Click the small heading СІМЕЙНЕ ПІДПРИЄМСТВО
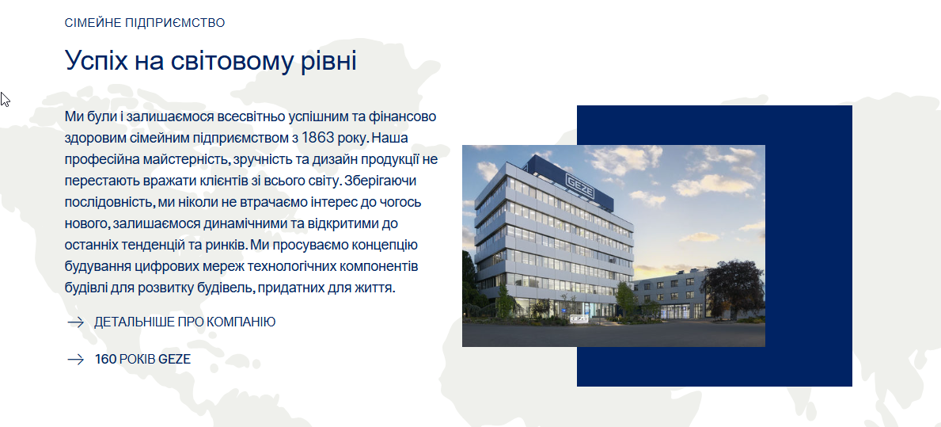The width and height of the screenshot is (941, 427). click(x=145, y=23)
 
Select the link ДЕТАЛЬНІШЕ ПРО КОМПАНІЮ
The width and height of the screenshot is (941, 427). click(x=185, y=322)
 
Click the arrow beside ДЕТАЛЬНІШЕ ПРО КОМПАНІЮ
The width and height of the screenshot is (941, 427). click(x=76, y=322)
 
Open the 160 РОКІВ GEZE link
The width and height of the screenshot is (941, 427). click(x=142, y=359)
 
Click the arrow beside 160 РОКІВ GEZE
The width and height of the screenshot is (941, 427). click(x=76, y=360)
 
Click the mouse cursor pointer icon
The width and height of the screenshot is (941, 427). click(x=5, y=100)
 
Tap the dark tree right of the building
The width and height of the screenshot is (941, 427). click(x=732, y=288)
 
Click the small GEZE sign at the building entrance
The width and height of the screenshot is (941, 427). click(x=578, y=319)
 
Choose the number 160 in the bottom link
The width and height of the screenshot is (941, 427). click(x=105, y=359)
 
